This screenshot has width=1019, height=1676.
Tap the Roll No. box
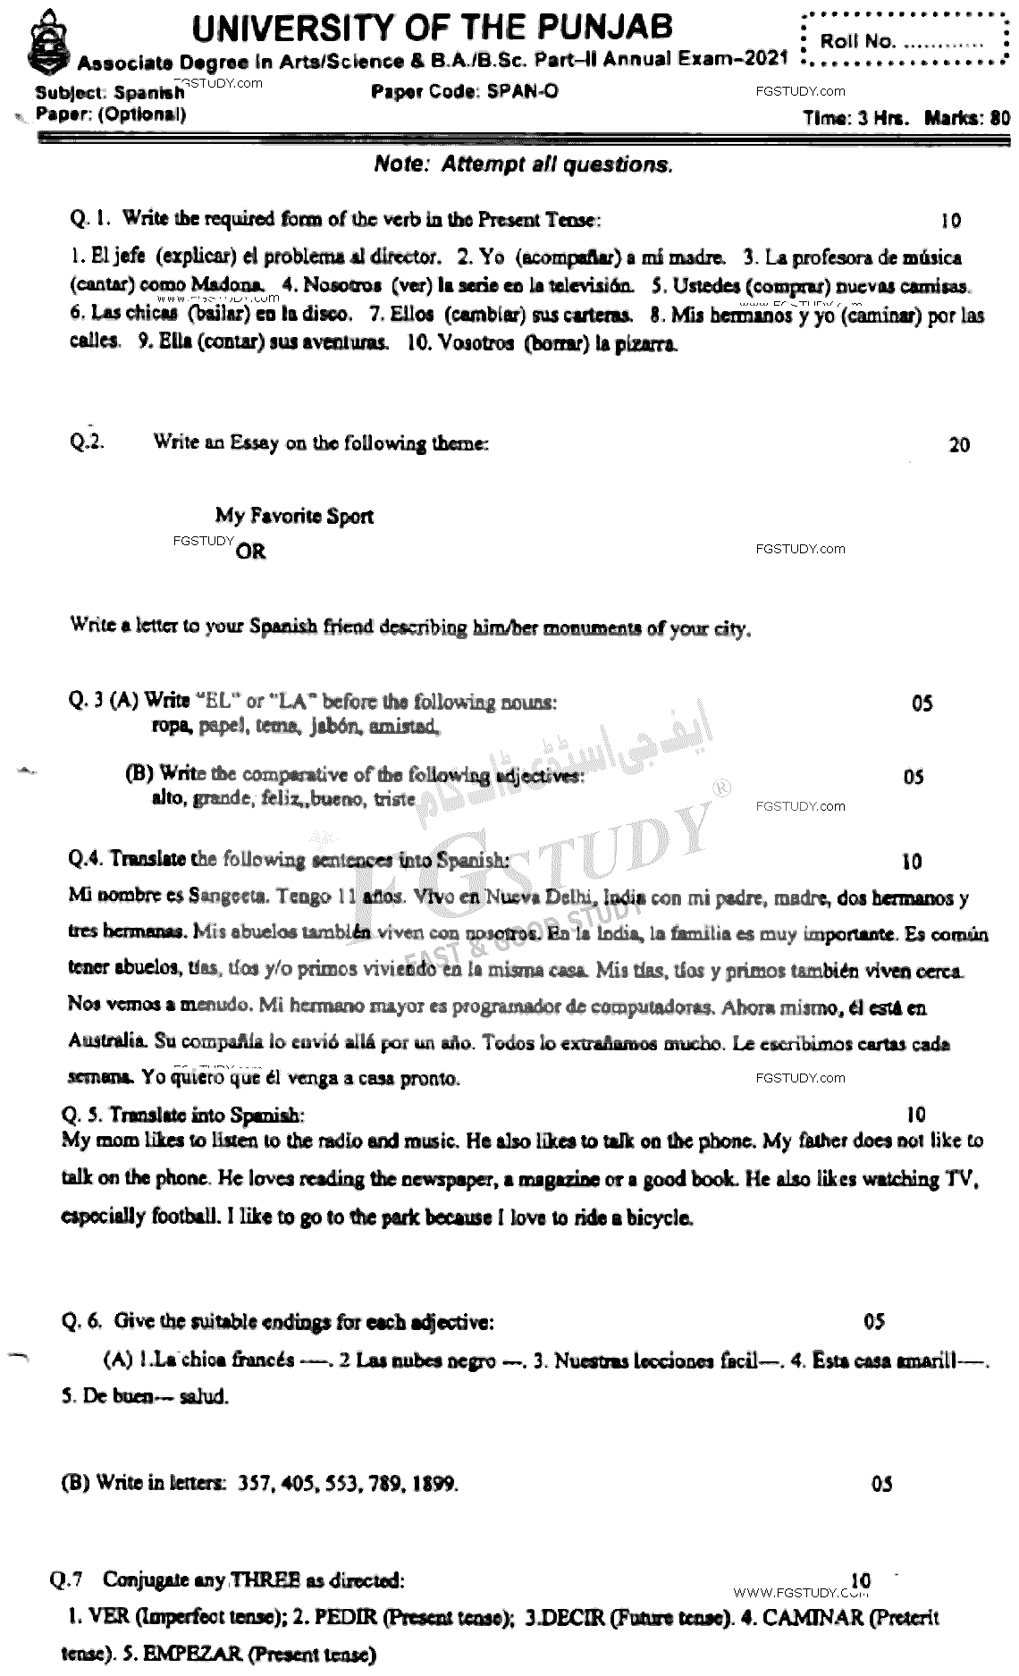[905, 41]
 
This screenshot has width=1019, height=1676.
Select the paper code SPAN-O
[523, 91]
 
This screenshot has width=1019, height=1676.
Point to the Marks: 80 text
[967, 117]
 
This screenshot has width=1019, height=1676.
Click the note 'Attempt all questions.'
[523, 164]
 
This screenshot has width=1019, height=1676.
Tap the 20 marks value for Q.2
[959, 444]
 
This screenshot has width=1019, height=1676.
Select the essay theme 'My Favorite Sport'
[294, 516]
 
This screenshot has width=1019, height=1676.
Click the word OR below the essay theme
[250, 552]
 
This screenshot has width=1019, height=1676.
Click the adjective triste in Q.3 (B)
[394, 799]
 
